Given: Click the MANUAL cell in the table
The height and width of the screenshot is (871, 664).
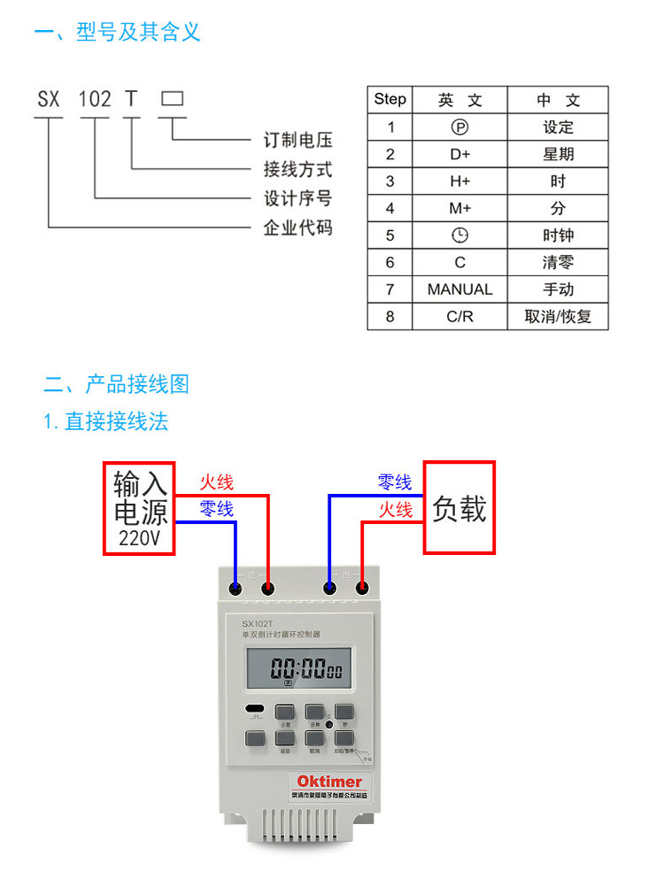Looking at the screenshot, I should [x=459, y=289].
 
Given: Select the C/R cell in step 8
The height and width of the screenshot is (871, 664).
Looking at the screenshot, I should [x=459, y=317].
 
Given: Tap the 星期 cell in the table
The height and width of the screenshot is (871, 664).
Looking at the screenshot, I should [x=558, y=154].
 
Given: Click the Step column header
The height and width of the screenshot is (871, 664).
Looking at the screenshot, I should [x=390, y=99].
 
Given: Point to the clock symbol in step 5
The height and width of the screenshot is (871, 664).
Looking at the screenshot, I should [x=459, y=235].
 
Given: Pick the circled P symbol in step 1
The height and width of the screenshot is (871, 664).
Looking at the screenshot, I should [x=459, y=127].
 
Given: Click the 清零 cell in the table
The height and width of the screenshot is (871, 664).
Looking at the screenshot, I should [x=558, y=263].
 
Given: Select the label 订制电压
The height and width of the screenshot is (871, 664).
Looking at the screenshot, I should [x=298, y=141].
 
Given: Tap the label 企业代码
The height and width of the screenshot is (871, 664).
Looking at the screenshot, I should [x=298, y=227].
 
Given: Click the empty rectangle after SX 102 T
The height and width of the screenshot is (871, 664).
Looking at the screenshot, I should [x=172, y=98].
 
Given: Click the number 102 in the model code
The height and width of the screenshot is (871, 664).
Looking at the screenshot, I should [x=95, y=98].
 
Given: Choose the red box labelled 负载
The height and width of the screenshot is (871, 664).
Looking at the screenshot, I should [x=459, y=508].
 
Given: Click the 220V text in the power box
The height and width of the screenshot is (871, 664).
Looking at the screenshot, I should [x=139, y=538].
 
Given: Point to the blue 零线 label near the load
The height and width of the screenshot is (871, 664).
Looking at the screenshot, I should [x=395, y=483].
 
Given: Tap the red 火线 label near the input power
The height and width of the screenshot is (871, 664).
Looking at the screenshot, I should [x=216, y=483].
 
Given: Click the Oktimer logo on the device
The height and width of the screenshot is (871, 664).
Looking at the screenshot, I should [x=329, y=782].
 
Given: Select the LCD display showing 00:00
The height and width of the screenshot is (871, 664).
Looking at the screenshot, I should [x=298, y=667].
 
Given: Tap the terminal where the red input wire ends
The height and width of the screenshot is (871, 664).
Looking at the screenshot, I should [x=268, y=588].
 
